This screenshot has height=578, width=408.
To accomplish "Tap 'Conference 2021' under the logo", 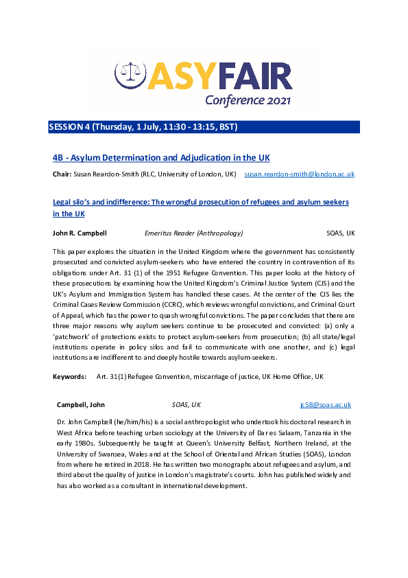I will pyautogui.click(x=248, y=100).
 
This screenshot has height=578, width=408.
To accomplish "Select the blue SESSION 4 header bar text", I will pyautogui.click(x=143, y=127).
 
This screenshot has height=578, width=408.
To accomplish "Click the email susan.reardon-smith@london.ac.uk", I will pyautogui.click(x=299, y=175).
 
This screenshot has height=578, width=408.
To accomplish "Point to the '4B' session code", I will pyautogui.click(x=59, y=158).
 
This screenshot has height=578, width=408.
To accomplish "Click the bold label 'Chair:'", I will pyautogui.click(x=62, y=175).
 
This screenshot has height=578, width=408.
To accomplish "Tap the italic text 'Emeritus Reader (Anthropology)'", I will pyautogui.click(x=193, y=233).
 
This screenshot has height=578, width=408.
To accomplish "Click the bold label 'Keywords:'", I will pyautogui.click(x=69, y=377).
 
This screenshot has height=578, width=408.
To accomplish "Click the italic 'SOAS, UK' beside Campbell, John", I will pyautogui.click(x=186, y=405).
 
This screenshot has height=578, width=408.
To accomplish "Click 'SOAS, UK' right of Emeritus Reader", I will pyautogui.click(x=340, y=233).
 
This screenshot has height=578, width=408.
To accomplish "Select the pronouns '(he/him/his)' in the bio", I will pyautogui.click(x=140, y=421).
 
